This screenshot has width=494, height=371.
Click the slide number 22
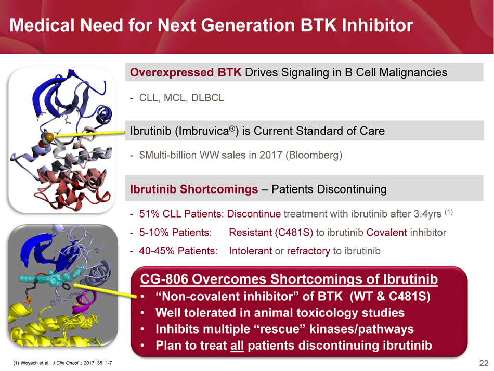484,363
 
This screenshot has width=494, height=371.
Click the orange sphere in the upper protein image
49,137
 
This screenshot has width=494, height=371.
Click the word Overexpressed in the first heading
172,72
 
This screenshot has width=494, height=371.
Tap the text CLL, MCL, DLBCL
182,98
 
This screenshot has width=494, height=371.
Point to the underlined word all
237,346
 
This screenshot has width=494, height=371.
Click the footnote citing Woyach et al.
62,363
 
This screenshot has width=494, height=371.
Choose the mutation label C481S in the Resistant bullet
294,232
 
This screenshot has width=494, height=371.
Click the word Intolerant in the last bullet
250,251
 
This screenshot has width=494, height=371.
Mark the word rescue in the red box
280,329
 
